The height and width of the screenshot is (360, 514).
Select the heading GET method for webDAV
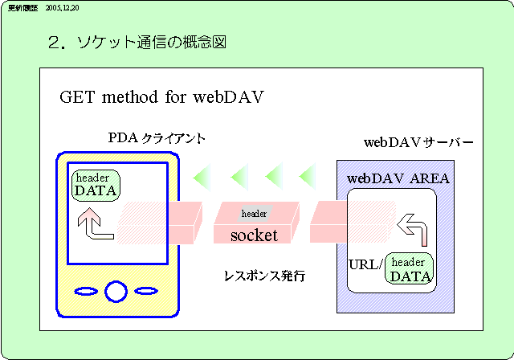coord(162,97)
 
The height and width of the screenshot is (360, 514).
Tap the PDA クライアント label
coord(157,139)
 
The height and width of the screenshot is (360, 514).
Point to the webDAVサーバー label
coord(418,143)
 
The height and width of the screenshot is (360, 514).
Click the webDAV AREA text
coord(398,178)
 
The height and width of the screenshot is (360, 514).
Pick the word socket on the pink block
coord(254,235)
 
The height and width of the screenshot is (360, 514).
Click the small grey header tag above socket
coord(254,214)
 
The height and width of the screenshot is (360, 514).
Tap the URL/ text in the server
coord(365,264)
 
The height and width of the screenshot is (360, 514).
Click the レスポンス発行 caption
coord(264,276)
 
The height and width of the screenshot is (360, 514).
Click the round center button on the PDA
coord(116,290)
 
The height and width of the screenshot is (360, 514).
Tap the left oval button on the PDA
coord(84,290)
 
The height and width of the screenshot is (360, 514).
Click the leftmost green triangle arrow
coord(203,174)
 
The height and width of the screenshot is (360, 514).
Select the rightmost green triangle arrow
coord(307,174)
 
